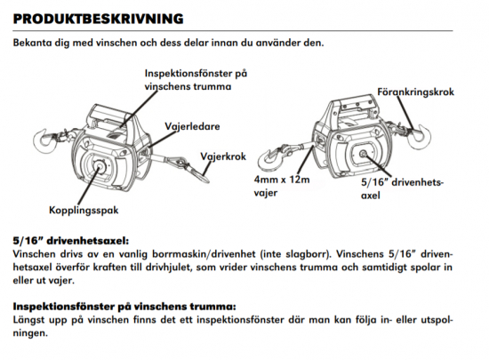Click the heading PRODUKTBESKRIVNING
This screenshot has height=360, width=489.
(98, 19)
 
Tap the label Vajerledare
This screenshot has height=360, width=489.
(192, 126)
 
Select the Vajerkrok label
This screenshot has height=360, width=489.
(223, 156)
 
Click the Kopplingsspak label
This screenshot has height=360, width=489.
(84, 210)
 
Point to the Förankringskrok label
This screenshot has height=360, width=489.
(416, 92)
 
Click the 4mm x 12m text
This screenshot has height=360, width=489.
(282, 180)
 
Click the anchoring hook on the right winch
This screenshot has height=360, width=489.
(421, 137)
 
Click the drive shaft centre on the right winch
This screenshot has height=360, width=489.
(363, 154)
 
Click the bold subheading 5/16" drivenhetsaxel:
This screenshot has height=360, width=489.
(71, 241)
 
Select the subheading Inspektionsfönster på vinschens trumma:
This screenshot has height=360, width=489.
(124, 307)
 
